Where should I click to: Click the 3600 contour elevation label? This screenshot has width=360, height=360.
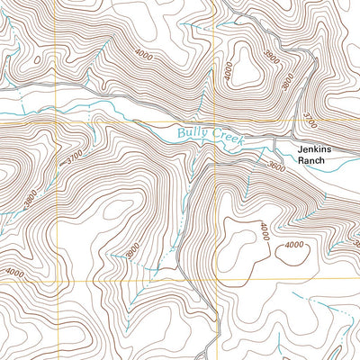[276, 166]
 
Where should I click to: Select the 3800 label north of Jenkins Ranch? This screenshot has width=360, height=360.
[287, 85]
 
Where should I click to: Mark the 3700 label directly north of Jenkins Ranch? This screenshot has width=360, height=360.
[310, 118]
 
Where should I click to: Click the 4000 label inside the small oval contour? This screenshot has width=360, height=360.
[293, 246]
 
